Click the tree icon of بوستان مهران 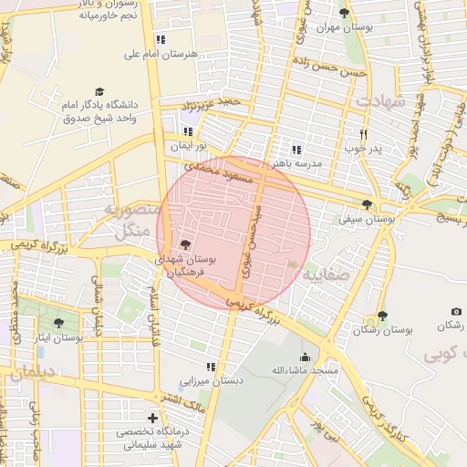(344, 13)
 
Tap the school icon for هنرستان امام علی (161, 39)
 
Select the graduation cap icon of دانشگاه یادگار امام (99, 92)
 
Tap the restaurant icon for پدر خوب (363, 132)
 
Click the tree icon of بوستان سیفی (368, 205)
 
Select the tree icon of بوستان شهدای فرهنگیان (186, 244)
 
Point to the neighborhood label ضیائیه (325, 273)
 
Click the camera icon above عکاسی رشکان (456, 312)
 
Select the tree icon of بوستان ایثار (59, 323)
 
